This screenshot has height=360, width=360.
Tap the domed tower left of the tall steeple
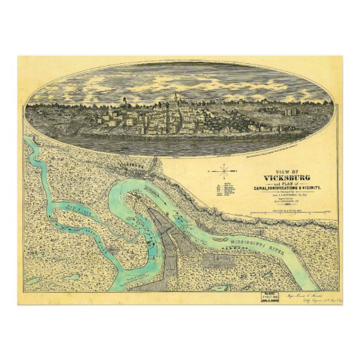[124, 103]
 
